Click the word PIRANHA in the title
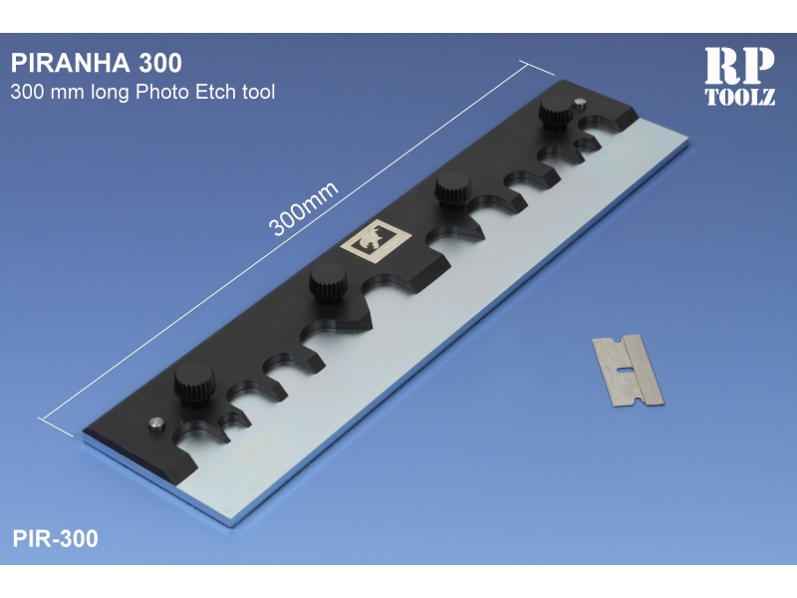click(71, 63)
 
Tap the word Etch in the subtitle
click(216, 92)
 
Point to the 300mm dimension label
click(304, 209)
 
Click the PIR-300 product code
click(55, 538)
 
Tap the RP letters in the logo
click(739, 66)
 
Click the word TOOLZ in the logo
click(740, 96)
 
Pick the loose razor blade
click(628, 370)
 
